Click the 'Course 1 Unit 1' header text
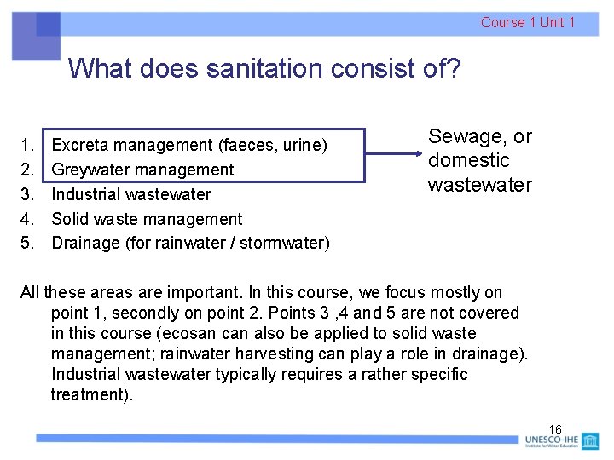pyautogui.click(x=527, y=23)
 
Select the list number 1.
pyautogui.click(x=27, y=146)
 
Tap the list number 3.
pyautogui.click(x=27, y=194)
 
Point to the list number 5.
pyautogui.click(x=27, y=244)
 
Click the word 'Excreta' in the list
pyautogui.click(x=84, y=146)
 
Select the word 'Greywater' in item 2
pyautogui.click(x=94, y=170)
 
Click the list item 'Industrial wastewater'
pyautogui.click(x=131, y=194)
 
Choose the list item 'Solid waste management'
pyautogui.click(x=147, y=219)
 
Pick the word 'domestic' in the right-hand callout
pyautogui.click(x=468, y=160)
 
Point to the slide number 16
pyautogui.click(x=555, y=428)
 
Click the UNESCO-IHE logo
pyautogui.click(x=562, y=441)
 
